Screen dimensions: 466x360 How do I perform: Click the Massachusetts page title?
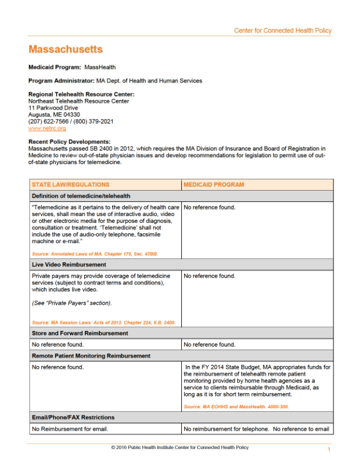pyautogui.click(x=65, y=49)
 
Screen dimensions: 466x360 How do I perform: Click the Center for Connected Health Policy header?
pyautogui.click(x=282, y=31)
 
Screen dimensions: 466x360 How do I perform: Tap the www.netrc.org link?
pyautogui.click(x=47, y=128)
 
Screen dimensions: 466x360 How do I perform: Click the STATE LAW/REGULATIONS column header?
pyautogui.click(x=71, y=185)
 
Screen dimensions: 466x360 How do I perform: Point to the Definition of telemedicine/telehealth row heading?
pyautogui.click(x=81, y=196)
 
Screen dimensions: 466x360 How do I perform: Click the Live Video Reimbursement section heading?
pyautogui.click(x=69, y=265)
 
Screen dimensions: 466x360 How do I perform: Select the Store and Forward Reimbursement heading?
pyautogui.click(x=79, y=333)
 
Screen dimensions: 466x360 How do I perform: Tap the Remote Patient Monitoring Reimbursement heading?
pyautogui.click(x=91, y=356)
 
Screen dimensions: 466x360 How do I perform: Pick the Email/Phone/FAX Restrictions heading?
pyautogui.click(x=73, y=417)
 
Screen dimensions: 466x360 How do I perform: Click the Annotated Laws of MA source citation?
pyautogui.click(x=95, y=254)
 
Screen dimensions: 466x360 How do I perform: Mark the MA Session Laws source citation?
pyautogui.click(x=104, y=322)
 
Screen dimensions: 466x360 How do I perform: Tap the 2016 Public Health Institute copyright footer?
pyautogui.click(x=180, y=448)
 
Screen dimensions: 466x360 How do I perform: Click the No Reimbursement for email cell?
pyautogui.click(x=70, y=429)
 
